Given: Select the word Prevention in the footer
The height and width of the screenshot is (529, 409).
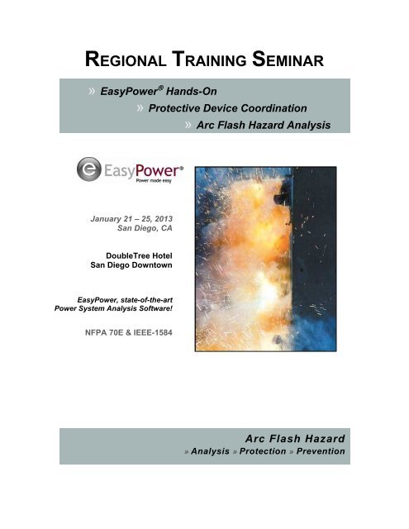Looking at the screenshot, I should (316, 451).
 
